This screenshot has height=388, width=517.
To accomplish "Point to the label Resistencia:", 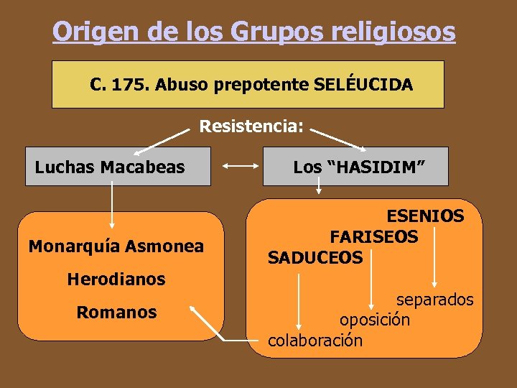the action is point(251,127).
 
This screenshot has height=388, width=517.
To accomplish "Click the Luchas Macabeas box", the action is point(118,167).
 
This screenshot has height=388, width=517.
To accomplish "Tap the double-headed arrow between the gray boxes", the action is point(240,167).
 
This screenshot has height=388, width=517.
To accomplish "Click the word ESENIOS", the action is point(425,216).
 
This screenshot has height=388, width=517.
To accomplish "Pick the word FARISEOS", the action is point(373,236).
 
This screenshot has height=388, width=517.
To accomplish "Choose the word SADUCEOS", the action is point(315,257).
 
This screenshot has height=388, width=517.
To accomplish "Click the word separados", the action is point(434,299).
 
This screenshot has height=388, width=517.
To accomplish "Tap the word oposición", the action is point(375,319).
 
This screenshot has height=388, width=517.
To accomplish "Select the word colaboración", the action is point(315,339).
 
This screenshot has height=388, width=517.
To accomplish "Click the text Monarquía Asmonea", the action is point(116,246).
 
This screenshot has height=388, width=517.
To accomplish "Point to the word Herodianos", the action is point(116,279).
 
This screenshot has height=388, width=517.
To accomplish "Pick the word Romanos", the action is point(116,313).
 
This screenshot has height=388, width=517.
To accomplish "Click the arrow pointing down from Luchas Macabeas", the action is point(112,208).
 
